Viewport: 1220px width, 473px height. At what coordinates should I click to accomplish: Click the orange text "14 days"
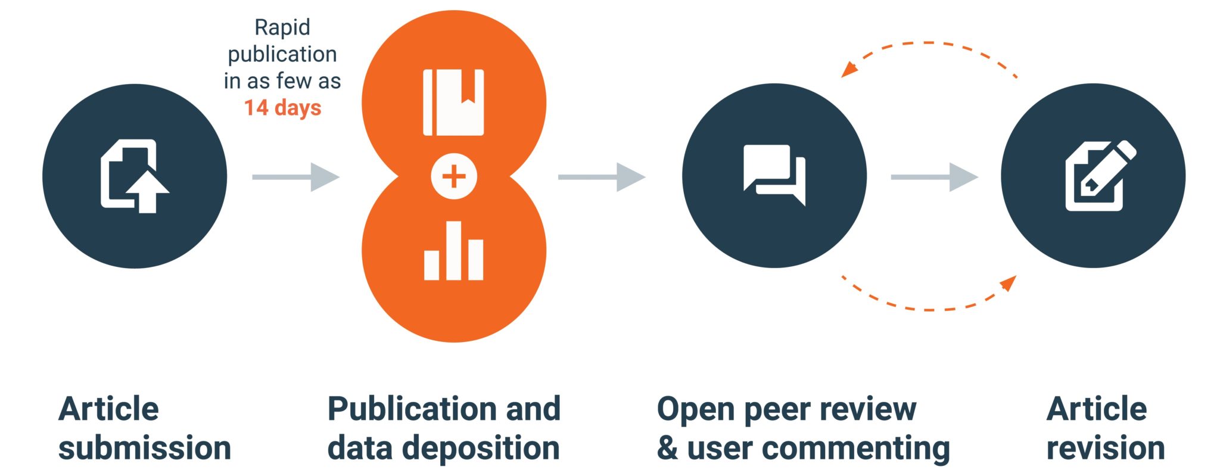(x=282, y=108)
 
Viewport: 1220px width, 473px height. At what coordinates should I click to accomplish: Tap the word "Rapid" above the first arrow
(x=282, y=27)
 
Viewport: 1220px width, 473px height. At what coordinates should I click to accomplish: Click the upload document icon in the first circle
(x=135, y=176)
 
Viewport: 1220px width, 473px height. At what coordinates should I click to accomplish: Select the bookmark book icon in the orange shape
(x=453, y=102)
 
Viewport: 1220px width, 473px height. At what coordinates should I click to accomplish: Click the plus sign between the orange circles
(x=454, y=176)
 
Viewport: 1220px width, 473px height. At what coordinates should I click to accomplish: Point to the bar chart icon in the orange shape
(x=453, y=251)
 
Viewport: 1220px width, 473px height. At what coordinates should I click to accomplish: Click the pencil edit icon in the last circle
(x=1099, y=176)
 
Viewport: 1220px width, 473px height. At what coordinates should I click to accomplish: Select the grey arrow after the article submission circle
(x=295, y=177)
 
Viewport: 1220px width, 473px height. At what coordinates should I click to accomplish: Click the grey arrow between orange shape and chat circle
(x=602, y=177)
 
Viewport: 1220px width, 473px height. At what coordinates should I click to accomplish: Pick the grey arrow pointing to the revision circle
(x=934, y=177)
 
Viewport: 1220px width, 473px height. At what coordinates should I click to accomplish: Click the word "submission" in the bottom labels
(x=145, y=448)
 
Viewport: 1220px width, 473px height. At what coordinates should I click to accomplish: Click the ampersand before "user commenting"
(x=667, y=448)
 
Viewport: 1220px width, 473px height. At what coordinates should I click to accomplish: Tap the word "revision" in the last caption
(x=1106, y=448)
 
